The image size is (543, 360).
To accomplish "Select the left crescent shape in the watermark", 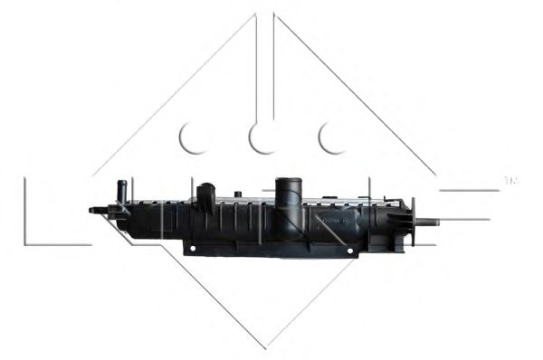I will pyautogui.click(x=194, y=137).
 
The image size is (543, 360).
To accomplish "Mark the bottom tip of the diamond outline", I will pyautogui.click(x=265, y=347).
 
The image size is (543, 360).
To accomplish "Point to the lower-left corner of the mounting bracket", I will pyautogui.click(x=186, y=252).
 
